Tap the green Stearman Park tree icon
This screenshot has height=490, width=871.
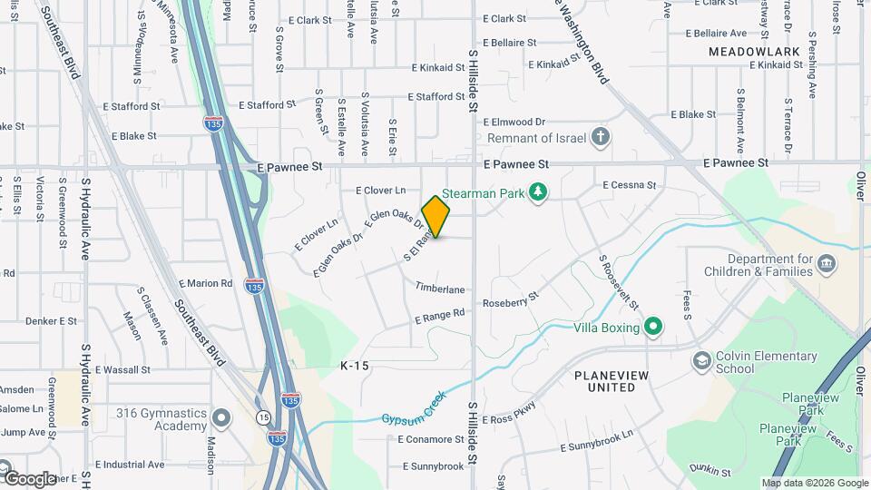[539, 191]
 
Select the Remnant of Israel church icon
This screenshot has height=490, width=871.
[600, 138]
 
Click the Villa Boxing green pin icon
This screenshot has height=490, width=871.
[652, 327]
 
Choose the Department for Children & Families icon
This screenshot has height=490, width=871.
[827, 264]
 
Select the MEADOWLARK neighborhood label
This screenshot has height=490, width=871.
[755, 52]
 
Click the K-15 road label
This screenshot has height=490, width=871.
[355, 366]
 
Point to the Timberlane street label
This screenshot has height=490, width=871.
[440, 289]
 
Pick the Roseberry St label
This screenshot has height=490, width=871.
[511, 299]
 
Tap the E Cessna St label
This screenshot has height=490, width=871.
[629, 185]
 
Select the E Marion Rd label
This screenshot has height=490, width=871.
[205, 283]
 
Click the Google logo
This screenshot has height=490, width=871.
[30, 478]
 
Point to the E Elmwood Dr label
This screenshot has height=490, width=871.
[514, 122]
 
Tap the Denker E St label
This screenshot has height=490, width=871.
[51, 320]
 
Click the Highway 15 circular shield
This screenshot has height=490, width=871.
[263, 416]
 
